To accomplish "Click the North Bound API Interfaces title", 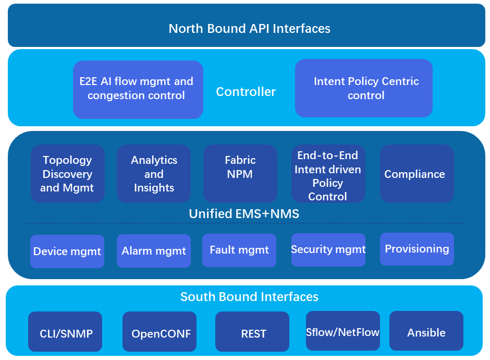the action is click(249, 29).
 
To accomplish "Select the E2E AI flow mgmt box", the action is click(138, 89).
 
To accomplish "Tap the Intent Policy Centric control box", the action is click(364, 88).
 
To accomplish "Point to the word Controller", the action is click(246, 92).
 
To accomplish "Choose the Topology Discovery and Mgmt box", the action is click(68, 174).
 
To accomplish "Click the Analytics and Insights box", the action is click(154, 174).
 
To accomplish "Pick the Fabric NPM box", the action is click(240, 174).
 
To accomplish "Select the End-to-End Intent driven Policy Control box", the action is click(328, 174).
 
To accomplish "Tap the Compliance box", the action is click(417, 174).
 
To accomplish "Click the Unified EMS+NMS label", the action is click(244, 213).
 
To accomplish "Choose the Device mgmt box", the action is click(67, 251).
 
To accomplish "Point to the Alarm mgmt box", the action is click(154, 251).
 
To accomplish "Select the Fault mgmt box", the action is click(239, 250).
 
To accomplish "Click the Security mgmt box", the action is click(328, 249).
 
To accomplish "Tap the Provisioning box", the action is click(417, 249).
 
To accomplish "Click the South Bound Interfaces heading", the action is click(249, 296).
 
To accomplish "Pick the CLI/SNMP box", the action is click(65, 331).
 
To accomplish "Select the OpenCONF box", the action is click(160, 331).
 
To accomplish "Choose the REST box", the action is click(252, 331).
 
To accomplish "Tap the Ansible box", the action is click(426, 331).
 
